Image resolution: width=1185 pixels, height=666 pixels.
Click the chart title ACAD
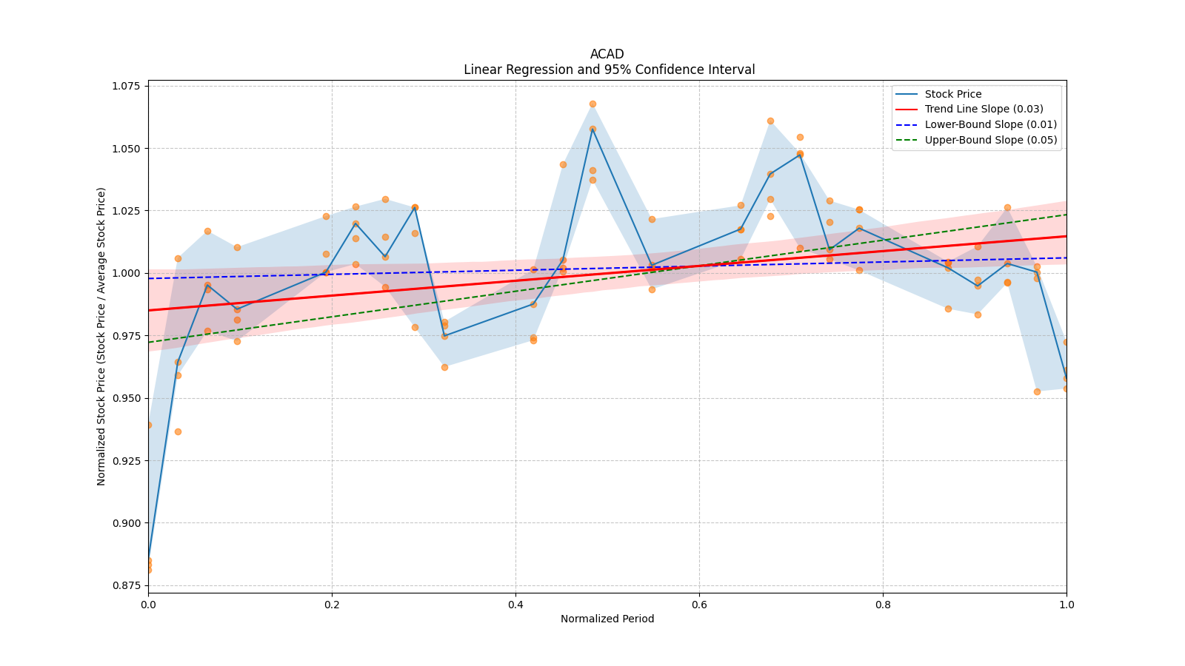[607, 54]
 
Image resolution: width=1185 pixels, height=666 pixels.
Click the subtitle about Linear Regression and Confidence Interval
[609, 70]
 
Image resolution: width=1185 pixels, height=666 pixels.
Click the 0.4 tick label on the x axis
[515, 604]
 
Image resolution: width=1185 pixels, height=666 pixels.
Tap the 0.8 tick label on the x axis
[883, 604]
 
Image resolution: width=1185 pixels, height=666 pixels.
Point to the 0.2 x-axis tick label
[332, 604]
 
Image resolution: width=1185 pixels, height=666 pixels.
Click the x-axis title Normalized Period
[607, 619]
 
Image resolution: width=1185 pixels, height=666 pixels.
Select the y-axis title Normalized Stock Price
[101, 337]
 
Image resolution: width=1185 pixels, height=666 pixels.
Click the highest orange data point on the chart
[592, 104]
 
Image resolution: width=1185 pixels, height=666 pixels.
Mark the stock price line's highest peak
[592, 129]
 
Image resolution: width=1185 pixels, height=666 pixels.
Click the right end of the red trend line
[1066, 236]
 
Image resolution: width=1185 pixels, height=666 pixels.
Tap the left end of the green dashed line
[149, 343]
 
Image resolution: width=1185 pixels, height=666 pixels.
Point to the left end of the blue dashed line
[149, 278]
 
